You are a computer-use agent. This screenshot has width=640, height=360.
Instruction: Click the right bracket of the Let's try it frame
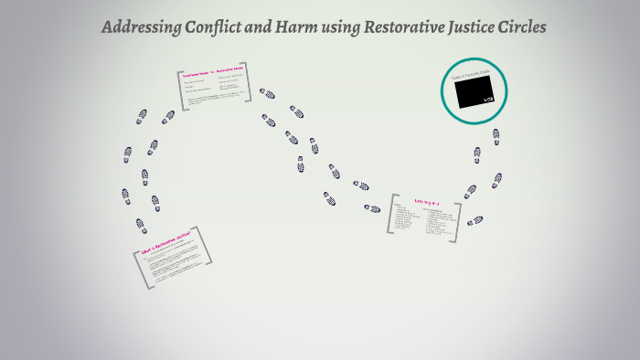457,221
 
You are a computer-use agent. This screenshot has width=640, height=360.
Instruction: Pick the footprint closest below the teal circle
496,135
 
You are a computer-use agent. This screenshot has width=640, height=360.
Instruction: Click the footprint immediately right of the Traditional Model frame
267,93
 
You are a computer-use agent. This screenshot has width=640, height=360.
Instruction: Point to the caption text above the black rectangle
468,76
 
